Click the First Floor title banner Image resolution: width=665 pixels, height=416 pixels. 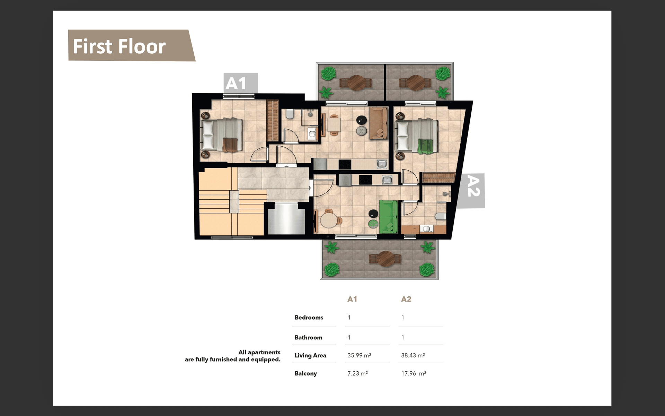click(132, 45)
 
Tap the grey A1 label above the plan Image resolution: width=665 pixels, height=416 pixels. click(240, 83)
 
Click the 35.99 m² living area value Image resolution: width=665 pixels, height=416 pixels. click(359, 355)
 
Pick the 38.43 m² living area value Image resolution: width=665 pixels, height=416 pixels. click(413, 355)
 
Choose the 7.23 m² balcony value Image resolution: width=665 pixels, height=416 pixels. click(357, 373)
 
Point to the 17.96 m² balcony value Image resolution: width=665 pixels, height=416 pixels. click(414, 373)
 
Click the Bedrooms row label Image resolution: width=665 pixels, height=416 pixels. click(309, 317)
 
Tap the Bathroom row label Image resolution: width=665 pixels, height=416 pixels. click(308, 337)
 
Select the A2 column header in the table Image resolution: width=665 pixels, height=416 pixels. click(406, 299)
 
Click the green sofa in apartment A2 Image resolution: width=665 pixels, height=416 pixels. click(388, 217)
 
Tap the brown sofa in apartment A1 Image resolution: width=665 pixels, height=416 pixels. click(378, 123)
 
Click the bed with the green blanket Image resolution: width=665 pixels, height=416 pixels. click(417, 136)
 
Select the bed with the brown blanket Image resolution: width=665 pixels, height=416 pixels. click(222, 135)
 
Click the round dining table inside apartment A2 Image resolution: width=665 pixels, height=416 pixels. click(329, 220)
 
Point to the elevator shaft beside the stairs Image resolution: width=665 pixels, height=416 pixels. click(286, 219)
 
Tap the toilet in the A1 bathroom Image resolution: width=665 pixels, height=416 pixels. click(290, 114)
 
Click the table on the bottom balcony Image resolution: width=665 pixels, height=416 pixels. click(385, 259)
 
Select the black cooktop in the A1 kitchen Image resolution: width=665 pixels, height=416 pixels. click(345, 164)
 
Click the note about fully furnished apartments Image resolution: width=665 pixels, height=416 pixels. click(233, 356)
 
